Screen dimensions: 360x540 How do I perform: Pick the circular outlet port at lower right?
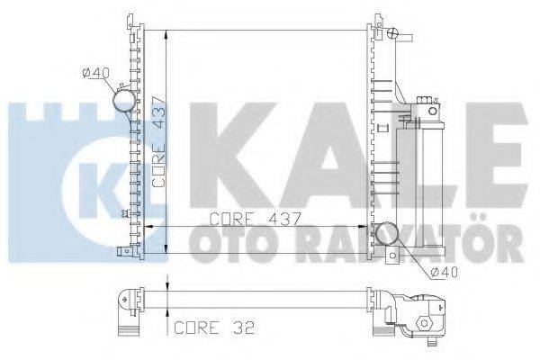(x=389, y=235)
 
